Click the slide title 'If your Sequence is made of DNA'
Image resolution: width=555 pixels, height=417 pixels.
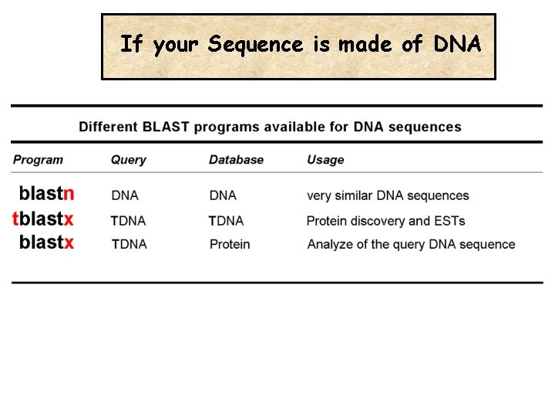[301, 45]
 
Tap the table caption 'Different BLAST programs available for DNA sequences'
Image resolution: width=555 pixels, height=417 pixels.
[270, 127]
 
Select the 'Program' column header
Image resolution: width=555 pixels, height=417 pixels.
[38, 160]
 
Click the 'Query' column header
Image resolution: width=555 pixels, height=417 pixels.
[128, 160]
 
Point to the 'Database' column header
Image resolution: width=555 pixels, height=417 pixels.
[236, 160]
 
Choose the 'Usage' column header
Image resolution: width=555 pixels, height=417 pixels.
[325, 160]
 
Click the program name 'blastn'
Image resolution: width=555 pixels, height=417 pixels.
[46, 193]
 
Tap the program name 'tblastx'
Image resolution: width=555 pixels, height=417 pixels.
[43, 219]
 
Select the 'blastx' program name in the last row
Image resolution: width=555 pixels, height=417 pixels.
[46, 242]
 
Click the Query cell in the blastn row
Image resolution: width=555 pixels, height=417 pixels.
[125, 196]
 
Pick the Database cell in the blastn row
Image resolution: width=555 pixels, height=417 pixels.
[223, 196]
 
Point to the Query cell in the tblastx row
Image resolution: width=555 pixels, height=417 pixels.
[128, 221]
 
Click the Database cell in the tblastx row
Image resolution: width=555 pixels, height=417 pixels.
[226, 221]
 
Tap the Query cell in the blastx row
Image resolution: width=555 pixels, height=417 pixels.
[129, 245]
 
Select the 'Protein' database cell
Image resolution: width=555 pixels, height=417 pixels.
[230, 245]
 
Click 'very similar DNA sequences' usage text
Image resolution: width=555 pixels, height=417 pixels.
[388, 196]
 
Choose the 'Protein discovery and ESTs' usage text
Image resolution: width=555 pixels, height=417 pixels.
[385, 221]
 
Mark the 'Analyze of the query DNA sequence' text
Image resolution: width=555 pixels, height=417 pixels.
[411, 245]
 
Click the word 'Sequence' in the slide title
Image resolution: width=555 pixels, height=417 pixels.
[256, 45]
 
